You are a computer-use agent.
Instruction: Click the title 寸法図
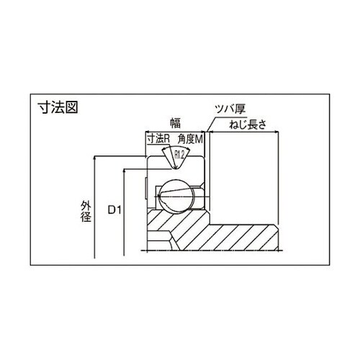click(58, 107)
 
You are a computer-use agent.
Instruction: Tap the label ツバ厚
click(230, 109)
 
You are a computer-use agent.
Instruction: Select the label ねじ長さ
click(248, 125)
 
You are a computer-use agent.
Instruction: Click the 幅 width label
click(175, 123)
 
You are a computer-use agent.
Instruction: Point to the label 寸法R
click(158, 139)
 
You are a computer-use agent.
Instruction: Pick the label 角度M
click(190, 139)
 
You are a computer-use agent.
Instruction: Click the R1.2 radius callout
click(179, 155)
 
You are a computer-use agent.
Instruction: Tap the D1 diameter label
click(114, 210)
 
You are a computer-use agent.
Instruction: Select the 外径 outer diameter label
click(86, 212)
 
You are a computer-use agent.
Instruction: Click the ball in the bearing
click(176, 196)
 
